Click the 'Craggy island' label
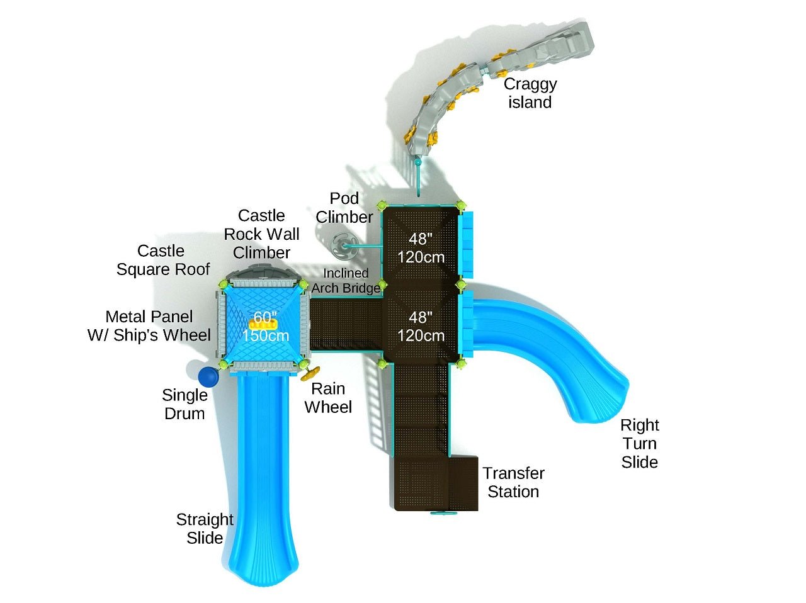[x=530, y=93]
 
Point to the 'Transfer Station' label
[x=513, y=482]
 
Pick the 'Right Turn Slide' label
[x=639, y=443]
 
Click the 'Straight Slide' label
[x=205, y=528]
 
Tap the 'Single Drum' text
[x=184, y=404]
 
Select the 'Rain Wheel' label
[x=328, y=398]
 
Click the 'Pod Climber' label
[x=344, y=208]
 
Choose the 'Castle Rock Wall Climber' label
[x=261, y=234]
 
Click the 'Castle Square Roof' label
[x=162, y=260]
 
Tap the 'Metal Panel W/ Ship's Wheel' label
[x=149, y=325]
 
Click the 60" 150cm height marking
[x=266, y=327]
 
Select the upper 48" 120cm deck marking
[x=421, y=248]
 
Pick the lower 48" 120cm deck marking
[x=421, y=326]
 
